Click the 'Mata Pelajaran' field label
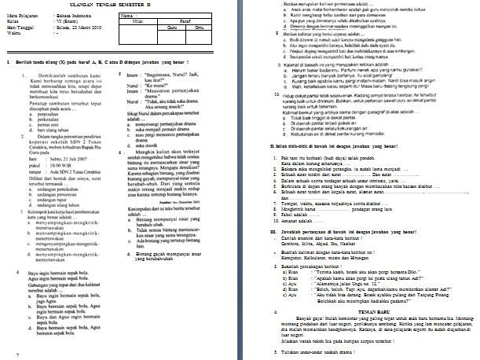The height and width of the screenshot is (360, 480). click(20, 16)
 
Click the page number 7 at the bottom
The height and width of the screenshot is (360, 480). click(16, 355)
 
